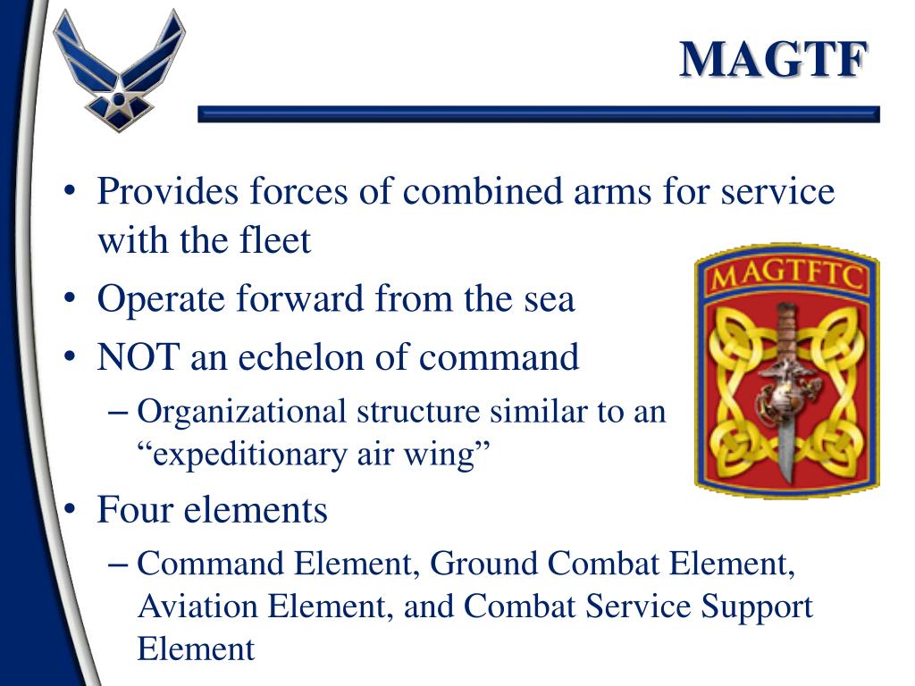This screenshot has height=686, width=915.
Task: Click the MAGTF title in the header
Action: [x=774, y=61]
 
